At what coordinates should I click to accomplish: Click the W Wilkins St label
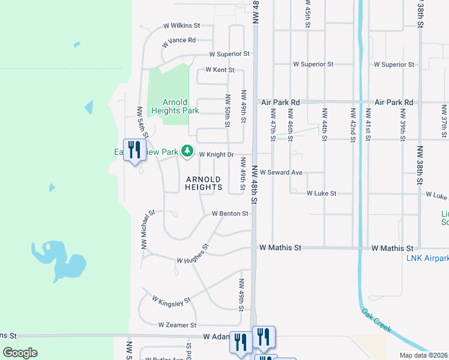[x=181, y=26]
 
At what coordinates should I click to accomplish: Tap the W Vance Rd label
[x=179, y=41]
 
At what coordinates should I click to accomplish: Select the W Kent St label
[x=219, y=70]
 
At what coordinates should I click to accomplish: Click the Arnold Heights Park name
[x=175, y=106]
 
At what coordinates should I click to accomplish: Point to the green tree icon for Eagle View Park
[x=188, y=151]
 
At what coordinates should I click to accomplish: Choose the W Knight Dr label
[x=216, y=154]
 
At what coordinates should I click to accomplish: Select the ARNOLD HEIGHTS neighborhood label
[x=203, y=183]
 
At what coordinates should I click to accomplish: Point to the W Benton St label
[x=230, y=214]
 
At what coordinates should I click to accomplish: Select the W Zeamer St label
[x=177, y=325]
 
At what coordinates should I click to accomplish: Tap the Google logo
[x=20, y=353]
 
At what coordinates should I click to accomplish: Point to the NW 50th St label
[x=228, y=111]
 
